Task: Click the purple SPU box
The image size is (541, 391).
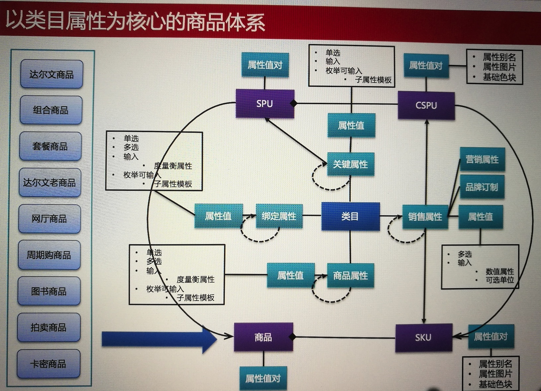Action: (x=265, y=104)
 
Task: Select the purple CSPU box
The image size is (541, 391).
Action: (x=426, y=105)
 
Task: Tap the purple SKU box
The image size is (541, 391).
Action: (x=424, y=338)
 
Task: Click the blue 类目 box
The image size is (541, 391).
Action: (x=350, y=216)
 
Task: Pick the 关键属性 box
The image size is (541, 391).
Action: (x=350, y=164)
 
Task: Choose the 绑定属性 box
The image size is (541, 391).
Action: (x=279, y=216)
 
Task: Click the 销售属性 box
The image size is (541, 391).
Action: (x=425, y=217)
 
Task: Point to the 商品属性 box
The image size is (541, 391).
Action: (x=350, y=275)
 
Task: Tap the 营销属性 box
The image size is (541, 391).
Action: (x=482, y=159)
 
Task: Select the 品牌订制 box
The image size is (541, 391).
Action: (x=482, y=187)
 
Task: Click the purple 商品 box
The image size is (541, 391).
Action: (x=264, y=337)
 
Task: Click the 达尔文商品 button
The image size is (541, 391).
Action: (x=51, y=74)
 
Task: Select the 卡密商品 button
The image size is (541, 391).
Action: (x=48, y=364)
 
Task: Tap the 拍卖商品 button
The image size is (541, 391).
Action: (x=49, y=328)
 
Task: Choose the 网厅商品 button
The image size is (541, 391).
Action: (x=49, y=219)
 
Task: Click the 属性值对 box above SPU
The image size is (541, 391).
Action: (x=265, y=65)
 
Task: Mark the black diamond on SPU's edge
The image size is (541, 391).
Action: (x=293, y=103)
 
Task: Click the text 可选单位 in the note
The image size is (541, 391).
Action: (x=500, y=280)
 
